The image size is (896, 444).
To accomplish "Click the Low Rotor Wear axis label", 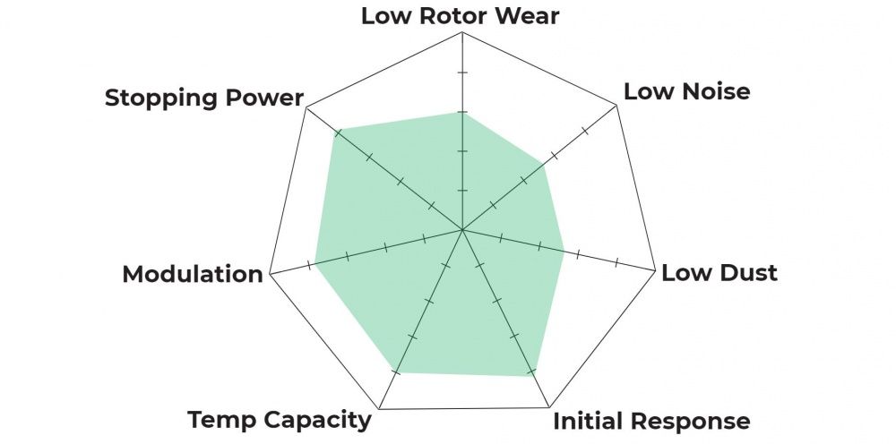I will (460, 16).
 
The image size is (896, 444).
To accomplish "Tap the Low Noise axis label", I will (686, 91).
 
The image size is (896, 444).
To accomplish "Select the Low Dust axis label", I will (719, 273).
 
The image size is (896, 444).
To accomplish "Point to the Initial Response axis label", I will (651, 421).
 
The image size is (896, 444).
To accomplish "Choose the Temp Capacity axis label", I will (279, 419).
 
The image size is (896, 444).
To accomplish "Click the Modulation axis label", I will (192, 274).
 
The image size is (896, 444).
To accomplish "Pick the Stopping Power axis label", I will (204, 98).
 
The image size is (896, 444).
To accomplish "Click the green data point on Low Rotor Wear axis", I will (461, 112).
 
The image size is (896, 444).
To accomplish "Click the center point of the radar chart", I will (461, 230).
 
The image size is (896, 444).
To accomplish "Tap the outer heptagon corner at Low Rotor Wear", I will (461, 33).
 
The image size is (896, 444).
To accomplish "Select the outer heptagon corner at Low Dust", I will (654, 273).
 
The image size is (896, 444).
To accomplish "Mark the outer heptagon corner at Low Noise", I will (618, 105).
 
